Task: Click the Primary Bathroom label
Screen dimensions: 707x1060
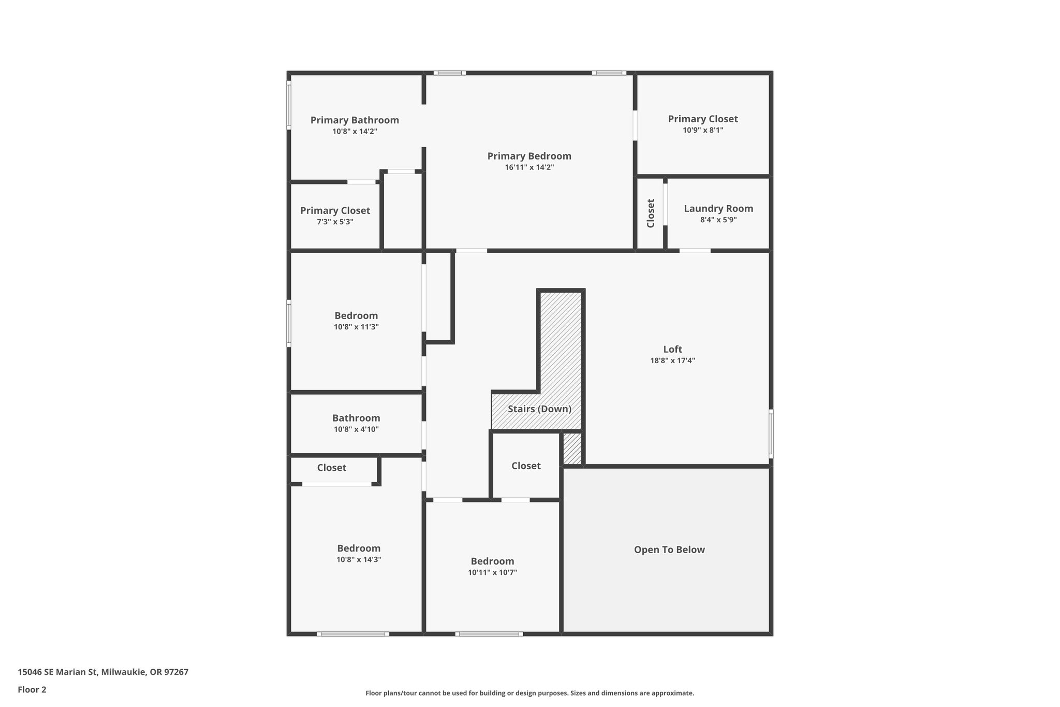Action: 355,120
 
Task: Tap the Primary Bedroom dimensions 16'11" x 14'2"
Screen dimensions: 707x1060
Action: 529,167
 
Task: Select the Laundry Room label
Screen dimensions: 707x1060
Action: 718,209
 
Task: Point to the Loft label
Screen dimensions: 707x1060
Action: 672,349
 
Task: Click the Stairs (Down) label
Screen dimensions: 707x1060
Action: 539,409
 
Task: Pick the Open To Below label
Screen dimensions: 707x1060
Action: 669,550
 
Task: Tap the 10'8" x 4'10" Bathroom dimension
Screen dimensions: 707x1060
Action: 356,429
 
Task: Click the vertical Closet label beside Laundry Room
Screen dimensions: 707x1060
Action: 651,213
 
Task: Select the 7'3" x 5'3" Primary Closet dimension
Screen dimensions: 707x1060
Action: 335,222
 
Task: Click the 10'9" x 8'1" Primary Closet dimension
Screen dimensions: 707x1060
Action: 702,131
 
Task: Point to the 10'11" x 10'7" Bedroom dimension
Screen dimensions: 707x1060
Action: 492,572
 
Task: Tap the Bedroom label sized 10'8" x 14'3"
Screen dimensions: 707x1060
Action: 359,548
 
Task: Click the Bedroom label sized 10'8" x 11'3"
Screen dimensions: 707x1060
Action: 356,315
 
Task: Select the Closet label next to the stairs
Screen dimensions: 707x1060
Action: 526,466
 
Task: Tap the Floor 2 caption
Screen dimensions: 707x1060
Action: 32,689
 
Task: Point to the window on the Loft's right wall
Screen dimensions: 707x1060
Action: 771,434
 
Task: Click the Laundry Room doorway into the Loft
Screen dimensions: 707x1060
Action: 695,251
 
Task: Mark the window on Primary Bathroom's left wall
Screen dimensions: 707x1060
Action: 289,104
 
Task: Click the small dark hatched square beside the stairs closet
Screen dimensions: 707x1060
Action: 572,449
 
